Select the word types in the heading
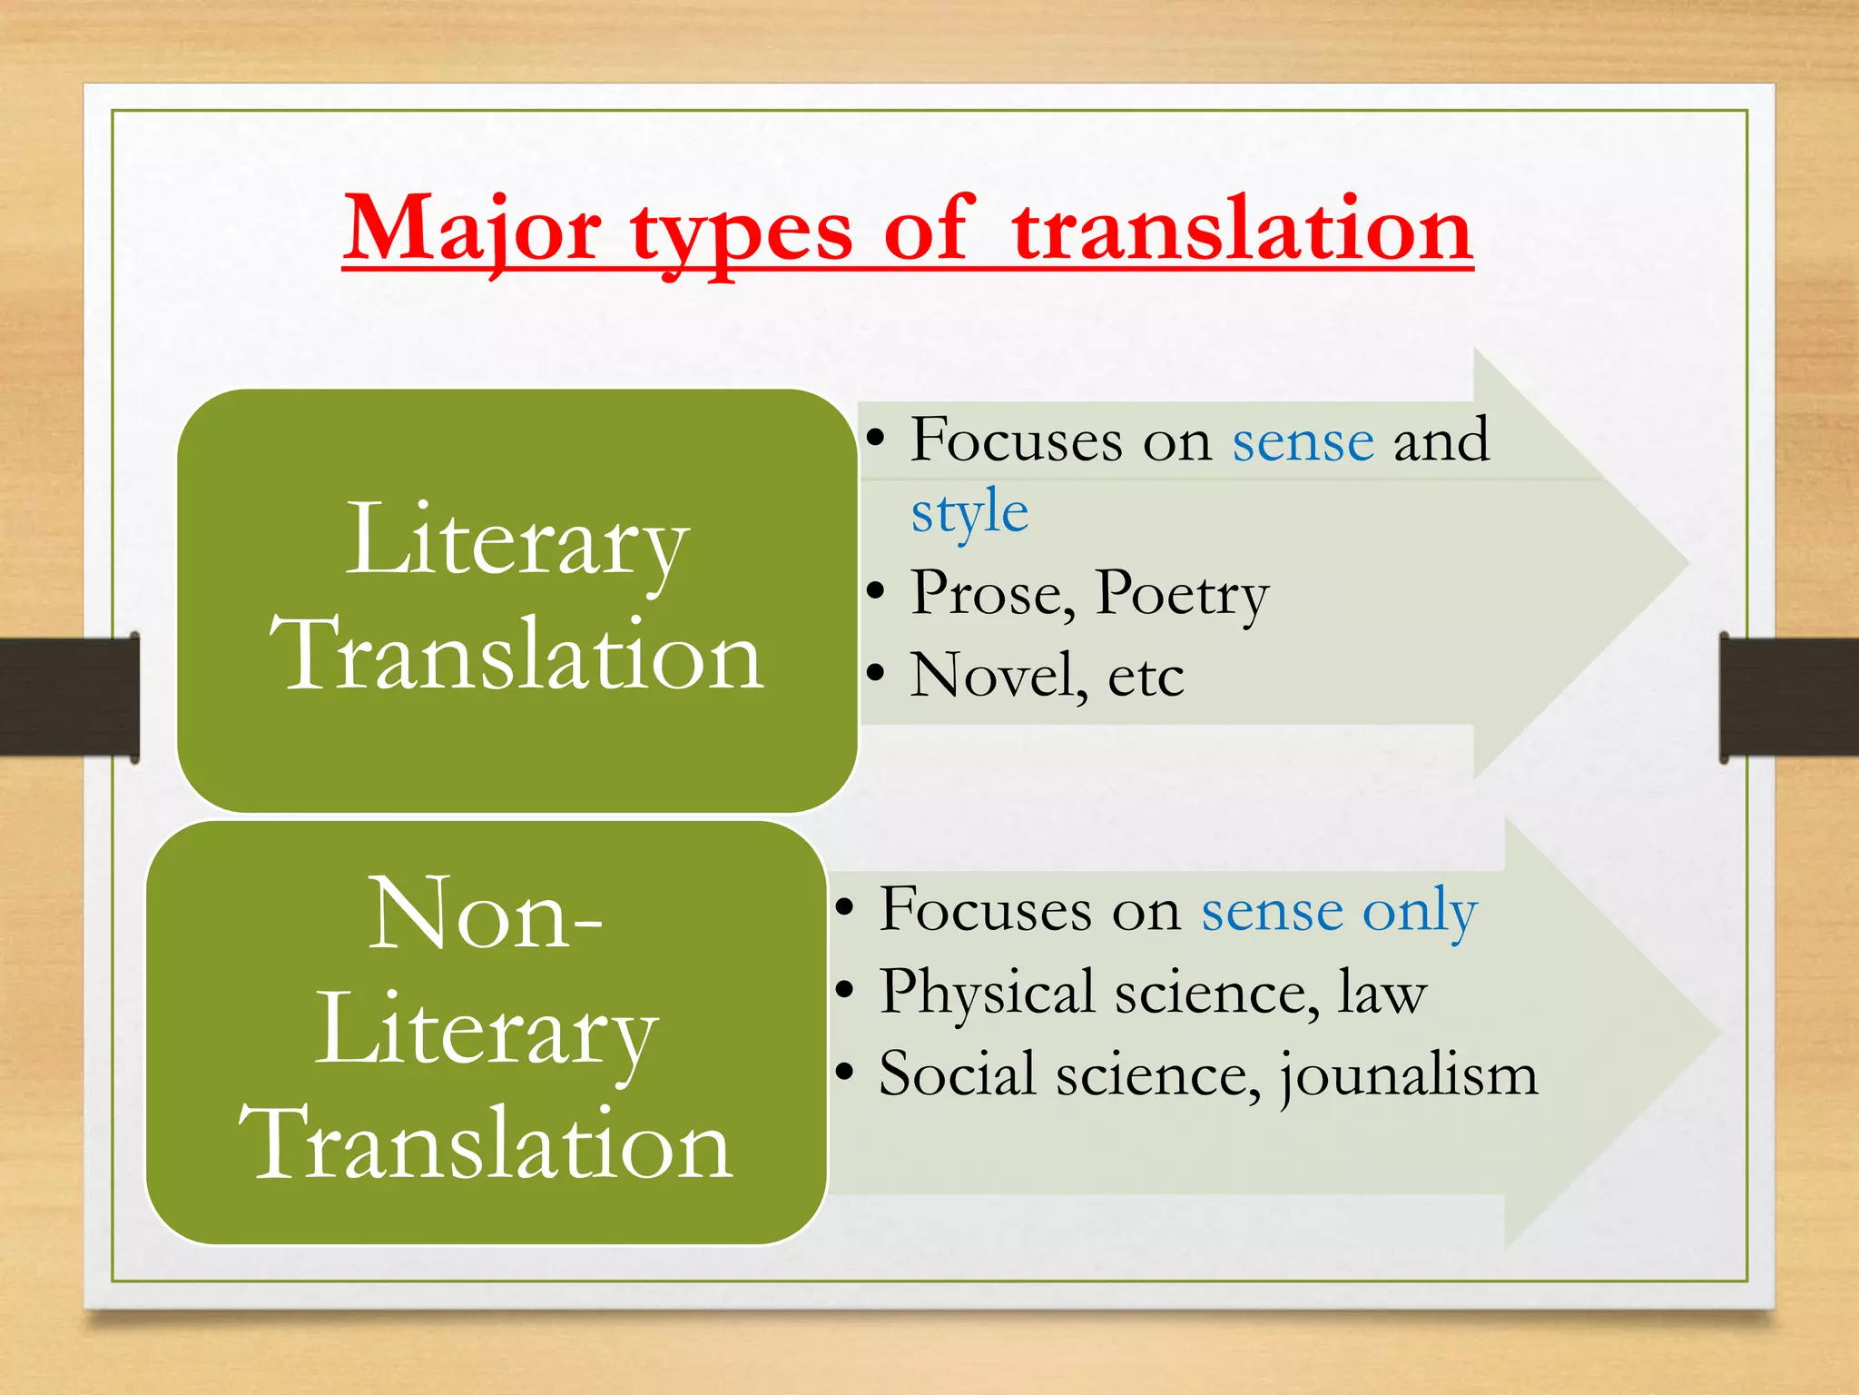(741, 233)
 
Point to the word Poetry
(1181, 595)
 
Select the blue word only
(1420, 912)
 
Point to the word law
(1382, 993)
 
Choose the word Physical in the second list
(987, 993)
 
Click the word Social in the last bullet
(958, 1073)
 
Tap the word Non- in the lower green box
(485, 914)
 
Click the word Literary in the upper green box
(516, 542)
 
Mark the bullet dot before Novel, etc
(875, 674)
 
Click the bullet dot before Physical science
(844, 990)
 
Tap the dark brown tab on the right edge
(1789, 697)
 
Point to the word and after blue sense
(1441, 440)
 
